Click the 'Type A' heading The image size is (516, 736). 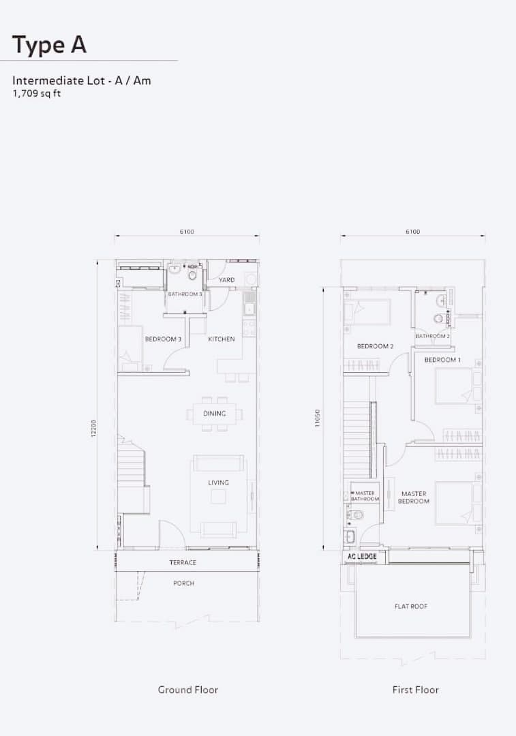coord(49,45)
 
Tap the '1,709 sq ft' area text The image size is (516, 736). coord(37,93)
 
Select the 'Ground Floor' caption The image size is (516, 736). coord(188,690)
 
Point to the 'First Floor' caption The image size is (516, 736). coord(416,690)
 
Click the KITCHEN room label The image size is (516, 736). coord(222,339)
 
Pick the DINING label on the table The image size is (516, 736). coord(215,414)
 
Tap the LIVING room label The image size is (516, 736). coord(218,482)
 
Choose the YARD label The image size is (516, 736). coord(227,280)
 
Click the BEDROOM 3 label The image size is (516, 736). coord(163,339)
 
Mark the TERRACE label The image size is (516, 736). coord(183,562)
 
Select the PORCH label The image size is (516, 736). coord(183,583)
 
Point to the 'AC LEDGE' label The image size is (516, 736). coord(362,556)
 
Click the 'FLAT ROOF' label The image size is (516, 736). coord(411,607)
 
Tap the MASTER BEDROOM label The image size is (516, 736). coord(414,497)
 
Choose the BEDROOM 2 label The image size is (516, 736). coord(375,346)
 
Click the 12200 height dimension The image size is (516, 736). coord(93,429)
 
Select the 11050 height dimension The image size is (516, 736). coord(318,418)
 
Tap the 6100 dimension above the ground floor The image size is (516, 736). coord(186,232)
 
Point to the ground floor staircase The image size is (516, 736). coord(133,474)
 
